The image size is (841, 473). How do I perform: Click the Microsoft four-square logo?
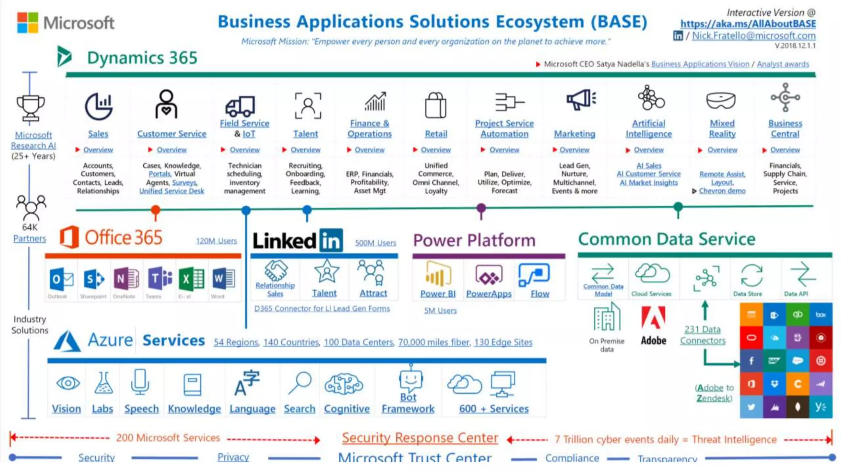(x=28, y=22)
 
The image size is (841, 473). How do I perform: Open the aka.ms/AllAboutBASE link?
(x=748, y=24)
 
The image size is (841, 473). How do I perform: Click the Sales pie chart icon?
(x=99, y=106)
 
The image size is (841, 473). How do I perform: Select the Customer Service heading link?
(x=172, y=134)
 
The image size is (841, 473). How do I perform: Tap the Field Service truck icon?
(x=240, y=106)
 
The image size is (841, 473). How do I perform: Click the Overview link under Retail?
(x=436, y=150)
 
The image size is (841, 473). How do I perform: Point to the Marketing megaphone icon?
(x=581, y=100)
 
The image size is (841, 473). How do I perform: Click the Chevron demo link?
(x=722, y=191)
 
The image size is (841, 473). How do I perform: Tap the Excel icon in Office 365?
(x=191, y=279)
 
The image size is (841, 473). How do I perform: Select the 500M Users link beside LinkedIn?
(x=375, y=243)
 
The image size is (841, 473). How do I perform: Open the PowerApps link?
(x=489, y=294)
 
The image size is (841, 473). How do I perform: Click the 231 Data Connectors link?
(x=703, y=335)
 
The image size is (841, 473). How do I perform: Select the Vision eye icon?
(x=68, y=383)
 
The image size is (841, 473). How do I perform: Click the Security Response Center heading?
(x=420, y=438)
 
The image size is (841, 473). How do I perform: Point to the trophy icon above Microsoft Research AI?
(x=30, y=108)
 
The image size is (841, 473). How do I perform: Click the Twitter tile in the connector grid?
(x=751, y=407)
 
